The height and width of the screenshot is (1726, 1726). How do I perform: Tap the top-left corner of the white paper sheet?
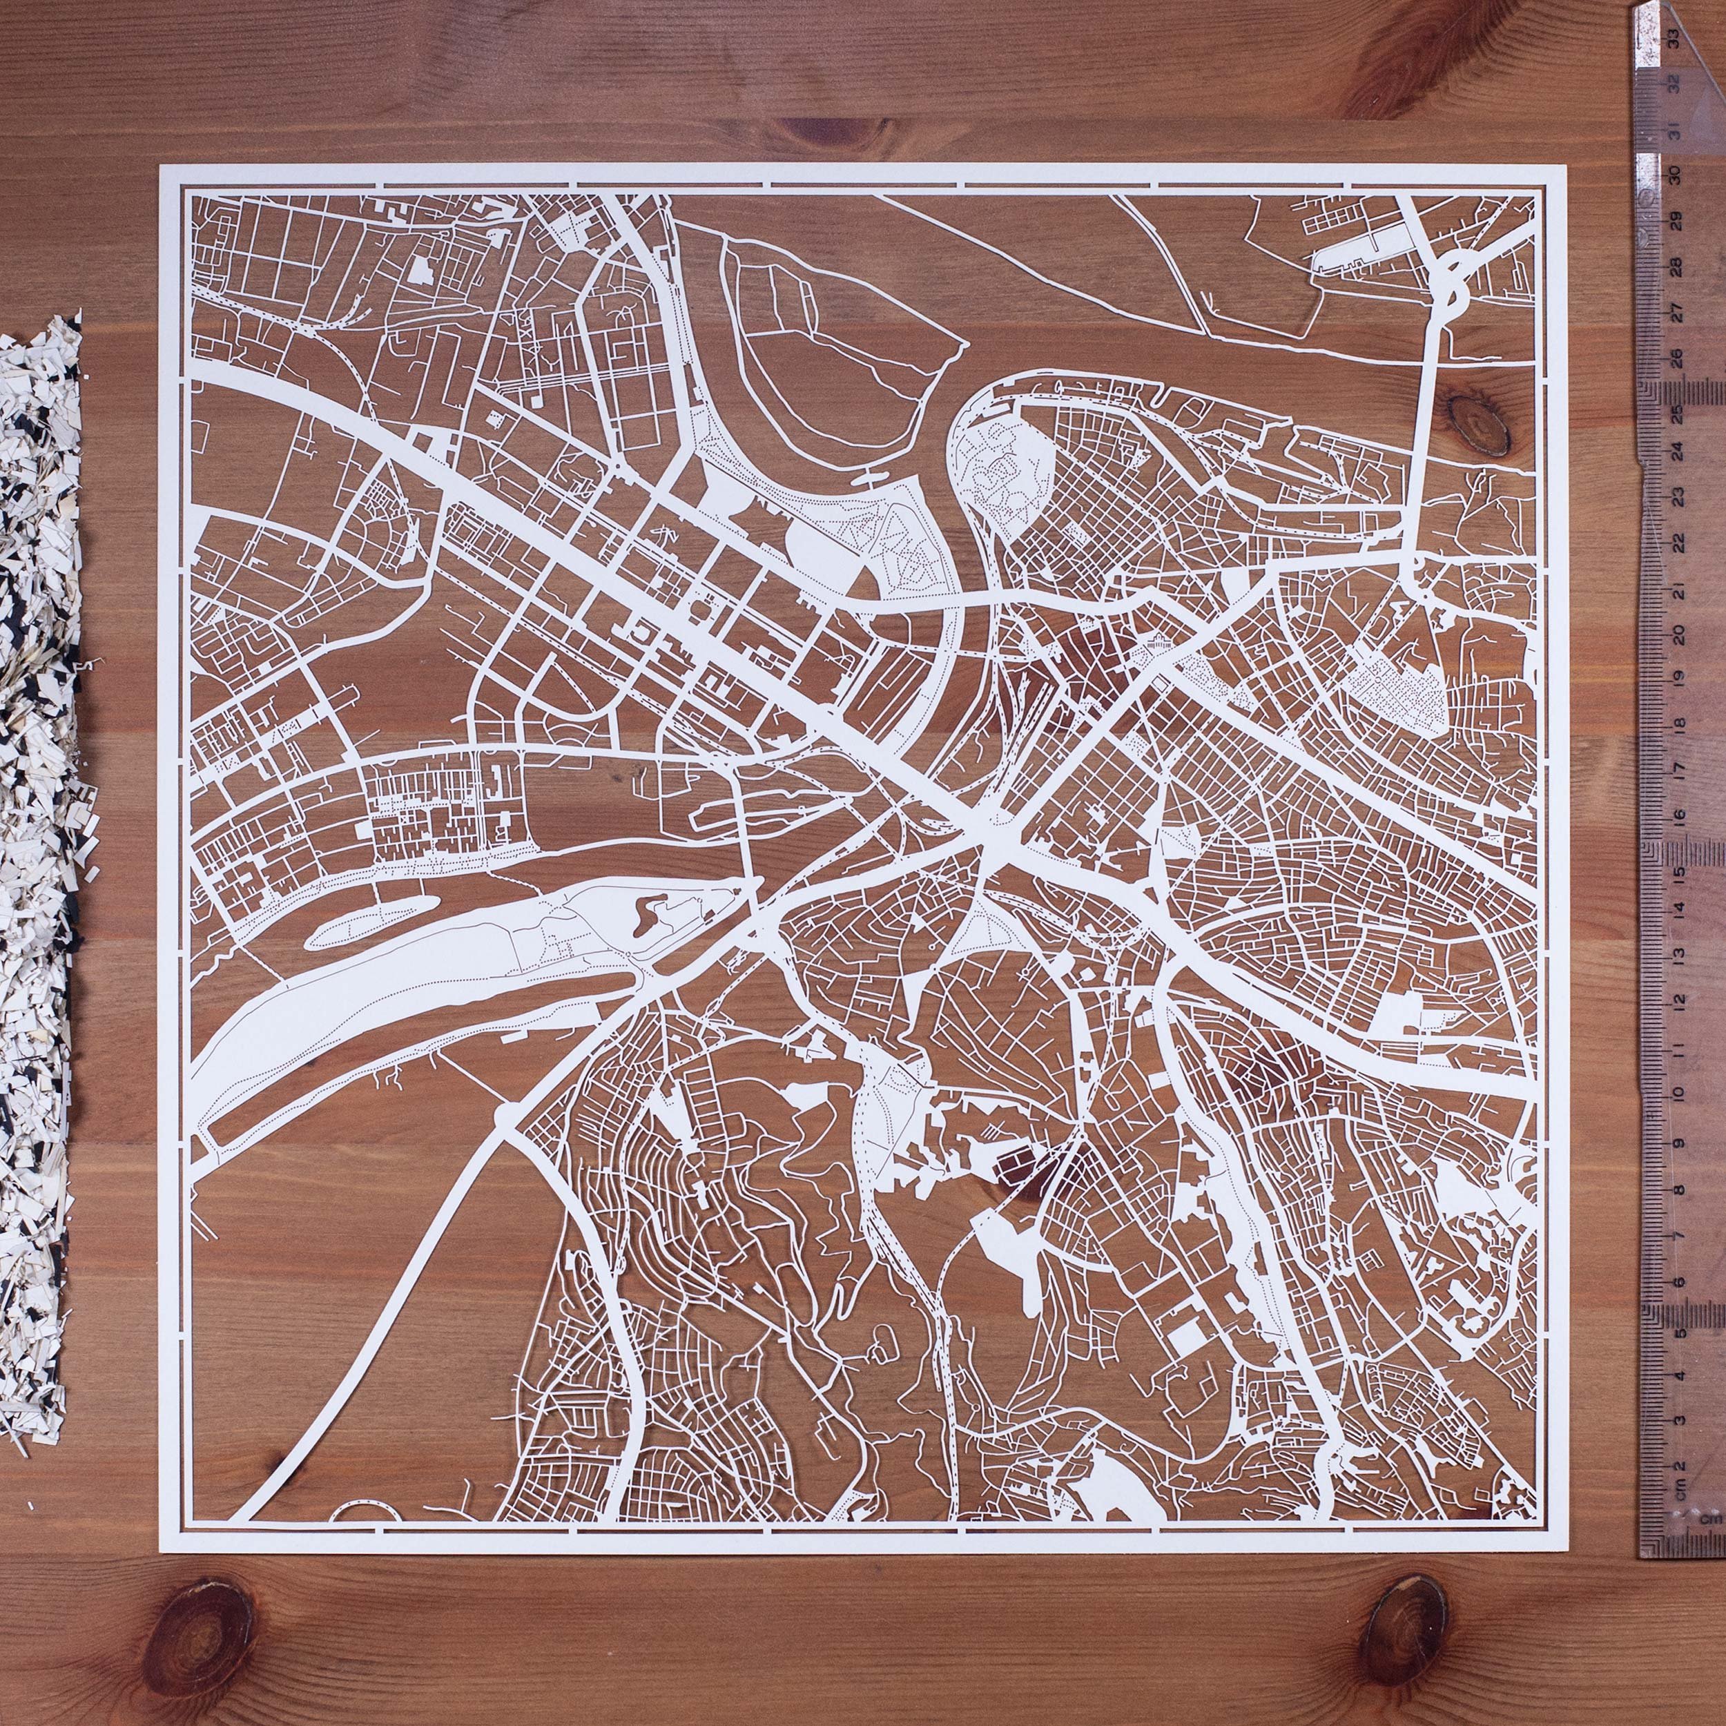161,164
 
